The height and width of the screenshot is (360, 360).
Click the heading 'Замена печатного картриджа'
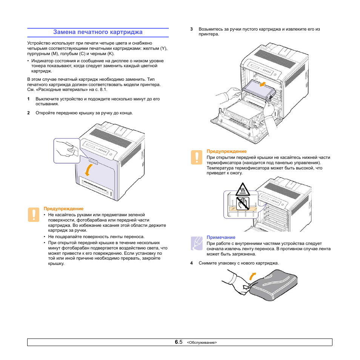[98, 32]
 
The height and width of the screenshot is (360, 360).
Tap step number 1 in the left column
[28, 99]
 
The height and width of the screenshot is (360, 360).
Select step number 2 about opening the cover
[28, 113]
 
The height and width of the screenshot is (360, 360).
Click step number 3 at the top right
[191, 29]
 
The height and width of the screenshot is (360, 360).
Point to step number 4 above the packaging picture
[191, 263]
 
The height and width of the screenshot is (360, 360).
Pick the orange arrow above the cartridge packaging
[252, 276]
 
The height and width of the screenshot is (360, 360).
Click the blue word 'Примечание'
[221, 237]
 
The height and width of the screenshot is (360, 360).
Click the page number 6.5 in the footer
[178, 342]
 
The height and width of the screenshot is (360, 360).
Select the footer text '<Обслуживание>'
[202, 343]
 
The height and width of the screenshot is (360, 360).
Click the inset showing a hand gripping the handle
[67, 151]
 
